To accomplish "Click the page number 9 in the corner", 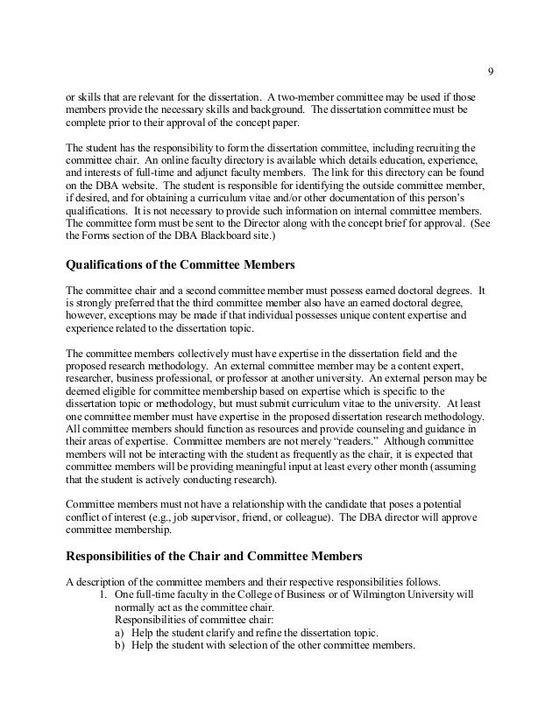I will tap(490, 72).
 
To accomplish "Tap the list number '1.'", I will tap(103, 596).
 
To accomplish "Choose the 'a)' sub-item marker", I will tap(120, 633).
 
